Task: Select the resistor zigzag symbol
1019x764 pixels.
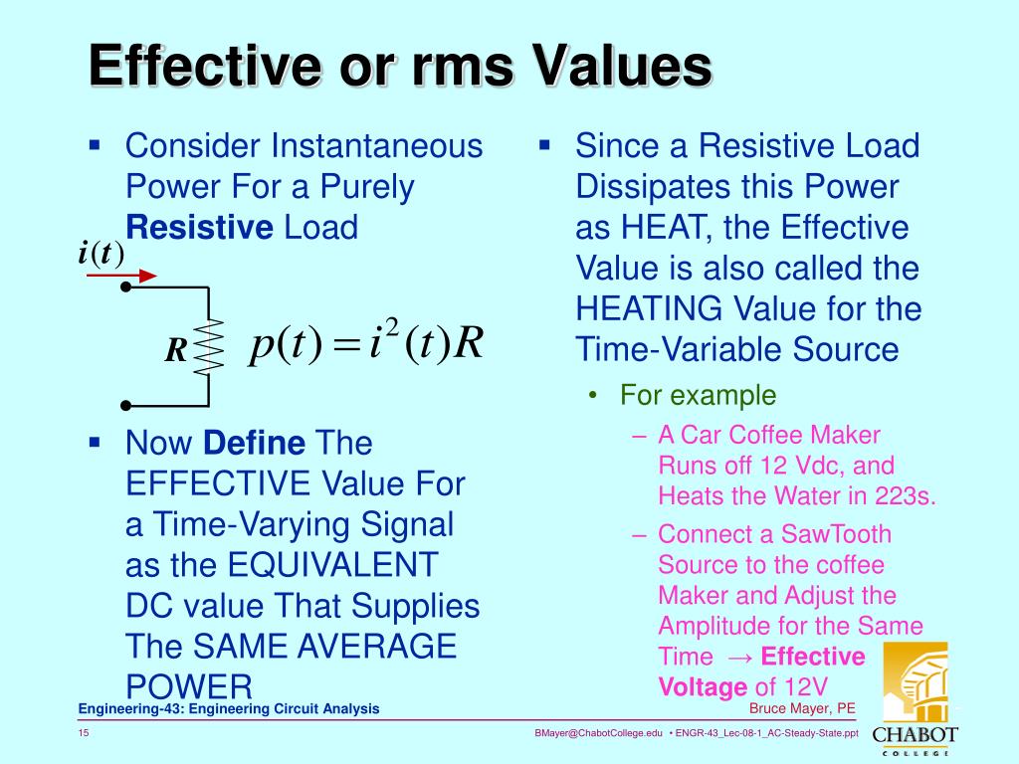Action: click(x=208, y=346)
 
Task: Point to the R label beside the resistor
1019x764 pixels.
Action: click(x=176, y=349)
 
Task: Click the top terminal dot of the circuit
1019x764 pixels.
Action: click(x=125, y=287)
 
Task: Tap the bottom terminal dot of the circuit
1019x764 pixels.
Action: click(x=125, y=406)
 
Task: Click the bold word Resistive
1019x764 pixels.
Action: click(x=199, y=228)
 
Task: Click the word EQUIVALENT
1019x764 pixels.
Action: click(x=332, y=565)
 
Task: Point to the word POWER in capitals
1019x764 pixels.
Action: click(x=189, y=686)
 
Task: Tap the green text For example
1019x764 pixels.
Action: click(x=698, y=395)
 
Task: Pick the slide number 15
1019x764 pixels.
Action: click(x=84, y=733)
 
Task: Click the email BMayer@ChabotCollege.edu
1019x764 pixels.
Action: click(x=597, y=733)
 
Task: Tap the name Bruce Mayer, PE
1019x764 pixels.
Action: click(x=801, y=708)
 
